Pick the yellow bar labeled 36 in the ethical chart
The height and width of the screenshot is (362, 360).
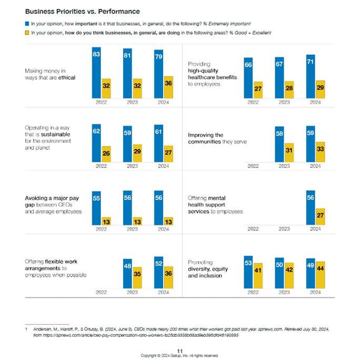[168, 87]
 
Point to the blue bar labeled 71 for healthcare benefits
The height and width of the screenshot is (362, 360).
[311, 76]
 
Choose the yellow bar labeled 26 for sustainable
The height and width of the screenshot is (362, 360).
[106, 153]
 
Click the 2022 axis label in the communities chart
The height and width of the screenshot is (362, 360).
[253, 165]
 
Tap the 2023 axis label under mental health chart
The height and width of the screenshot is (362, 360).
[284, 229]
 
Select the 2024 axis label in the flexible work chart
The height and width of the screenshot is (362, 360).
[163, 292]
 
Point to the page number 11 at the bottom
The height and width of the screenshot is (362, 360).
[179, 350]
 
